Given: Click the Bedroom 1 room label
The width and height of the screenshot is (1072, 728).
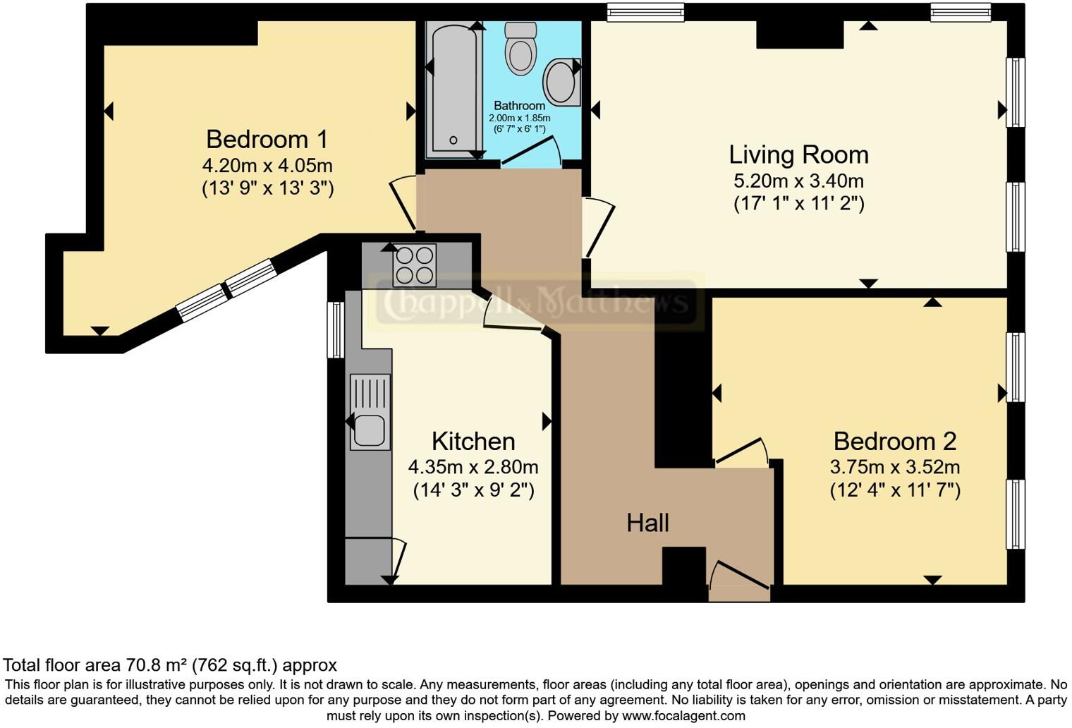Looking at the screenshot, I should [267, 140].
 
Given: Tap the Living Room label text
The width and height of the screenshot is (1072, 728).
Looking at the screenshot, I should [798, 154].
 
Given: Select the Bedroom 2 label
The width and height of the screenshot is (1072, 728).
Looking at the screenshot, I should [894, 442].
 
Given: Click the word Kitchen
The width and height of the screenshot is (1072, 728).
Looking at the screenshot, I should [473, 442].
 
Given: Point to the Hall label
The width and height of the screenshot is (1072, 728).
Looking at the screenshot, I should [647, 523].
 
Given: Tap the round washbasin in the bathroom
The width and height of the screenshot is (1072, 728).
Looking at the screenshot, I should [561, 80].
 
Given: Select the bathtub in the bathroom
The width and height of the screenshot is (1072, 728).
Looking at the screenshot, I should [453, 88].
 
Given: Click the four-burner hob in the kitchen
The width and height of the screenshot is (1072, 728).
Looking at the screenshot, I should [415, 265].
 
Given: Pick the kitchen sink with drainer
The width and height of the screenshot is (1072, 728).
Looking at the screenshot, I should [370, 413].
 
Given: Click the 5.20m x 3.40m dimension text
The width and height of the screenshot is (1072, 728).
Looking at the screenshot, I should [798, 181].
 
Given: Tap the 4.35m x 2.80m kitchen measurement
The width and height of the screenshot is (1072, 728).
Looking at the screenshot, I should [473, 467].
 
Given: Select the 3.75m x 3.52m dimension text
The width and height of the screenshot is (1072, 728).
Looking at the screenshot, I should [894, 467].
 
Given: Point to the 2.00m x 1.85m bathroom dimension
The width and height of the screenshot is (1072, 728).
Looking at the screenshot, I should [520, 118].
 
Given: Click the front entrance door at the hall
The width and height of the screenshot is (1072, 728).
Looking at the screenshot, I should [739, 580].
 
